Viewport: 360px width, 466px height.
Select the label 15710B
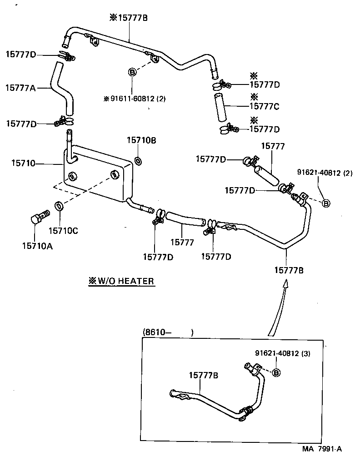(141, 140)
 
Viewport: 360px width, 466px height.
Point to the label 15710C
(63, 231)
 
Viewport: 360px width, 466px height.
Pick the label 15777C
(264, 107)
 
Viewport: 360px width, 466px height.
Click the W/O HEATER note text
(121, 281)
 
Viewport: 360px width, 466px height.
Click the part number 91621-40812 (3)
(283, 353)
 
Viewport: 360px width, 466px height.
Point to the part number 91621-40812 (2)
(325, 172)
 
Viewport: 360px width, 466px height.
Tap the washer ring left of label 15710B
(138, 160)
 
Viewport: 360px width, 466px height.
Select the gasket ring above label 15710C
(59, 206)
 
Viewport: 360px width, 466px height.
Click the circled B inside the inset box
(276, 373)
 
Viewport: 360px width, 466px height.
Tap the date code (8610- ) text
(168, 332)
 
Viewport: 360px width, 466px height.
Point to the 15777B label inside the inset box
(203, 375)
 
